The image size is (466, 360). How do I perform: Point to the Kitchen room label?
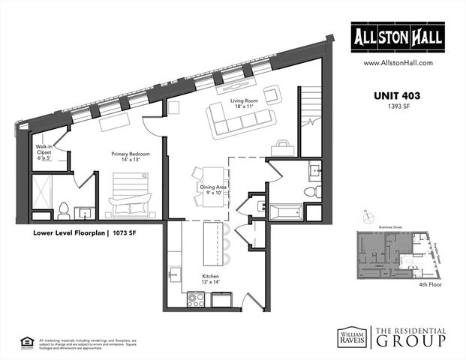tap(210, 280)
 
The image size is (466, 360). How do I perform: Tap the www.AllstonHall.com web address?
tap(398, 64)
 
